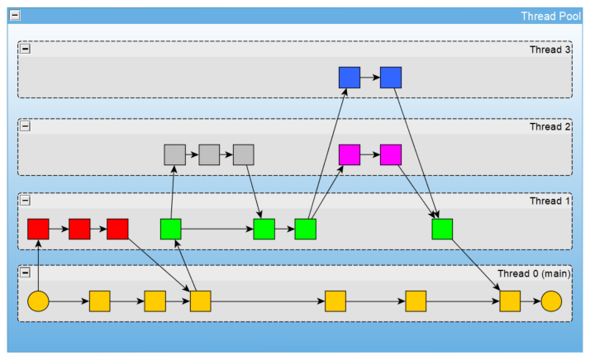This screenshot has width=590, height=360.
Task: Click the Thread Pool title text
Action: [x=550, y=17]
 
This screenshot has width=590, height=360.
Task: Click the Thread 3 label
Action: [x=550, y=50]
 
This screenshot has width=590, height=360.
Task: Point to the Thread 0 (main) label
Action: [x=534, y=274]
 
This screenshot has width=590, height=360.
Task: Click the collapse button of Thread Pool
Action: [x=15, y=17]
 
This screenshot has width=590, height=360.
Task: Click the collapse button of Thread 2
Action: [x=25, y=126]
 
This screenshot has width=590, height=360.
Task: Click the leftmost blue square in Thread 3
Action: [x=350, y=78]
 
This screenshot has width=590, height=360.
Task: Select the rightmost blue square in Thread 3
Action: [x=391, y=78]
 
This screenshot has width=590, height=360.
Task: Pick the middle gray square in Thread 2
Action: [x=209, y=154]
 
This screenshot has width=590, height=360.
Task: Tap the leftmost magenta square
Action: [x=350, y=154]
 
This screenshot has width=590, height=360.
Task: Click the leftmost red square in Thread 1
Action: [x=38, y=229]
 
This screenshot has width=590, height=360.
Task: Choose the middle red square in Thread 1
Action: [x=79, y=229]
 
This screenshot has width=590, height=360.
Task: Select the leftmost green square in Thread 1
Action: [x=171, y=229]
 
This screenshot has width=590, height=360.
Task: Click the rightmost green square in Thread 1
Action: [x=442, y=229]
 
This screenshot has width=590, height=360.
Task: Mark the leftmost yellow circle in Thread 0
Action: [x=38, y=301]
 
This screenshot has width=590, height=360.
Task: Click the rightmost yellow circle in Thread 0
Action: [x=551, y=301]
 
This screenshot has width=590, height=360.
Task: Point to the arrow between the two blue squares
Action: [x=370, y=78]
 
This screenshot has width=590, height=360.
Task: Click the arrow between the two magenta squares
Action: [x=370, y=154]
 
